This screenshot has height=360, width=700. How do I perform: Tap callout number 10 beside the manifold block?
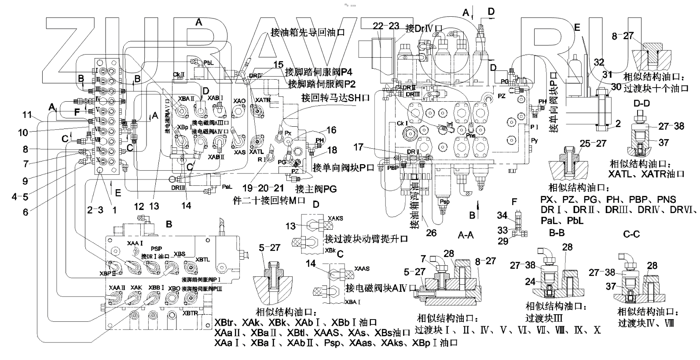[23, 132]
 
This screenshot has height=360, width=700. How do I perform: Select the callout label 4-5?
[19, 196]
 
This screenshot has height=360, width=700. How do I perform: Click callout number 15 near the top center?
[278, 65]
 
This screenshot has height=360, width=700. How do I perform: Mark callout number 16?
[331, 130]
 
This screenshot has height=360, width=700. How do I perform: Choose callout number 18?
[332, 150]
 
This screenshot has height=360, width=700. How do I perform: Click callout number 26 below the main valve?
[431, 232]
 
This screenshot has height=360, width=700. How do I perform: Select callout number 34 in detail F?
[502, 215]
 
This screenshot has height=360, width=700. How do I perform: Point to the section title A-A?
[465, 235]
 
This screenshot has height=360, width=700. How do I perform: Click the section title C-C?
[631, 235]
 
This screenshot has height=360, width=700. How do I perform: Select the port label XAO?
[239, 101]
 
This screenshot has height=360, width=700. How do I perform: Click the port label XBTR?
[190, 313]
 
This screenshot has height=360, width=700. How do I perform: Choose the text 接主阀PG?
[316, 189]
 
